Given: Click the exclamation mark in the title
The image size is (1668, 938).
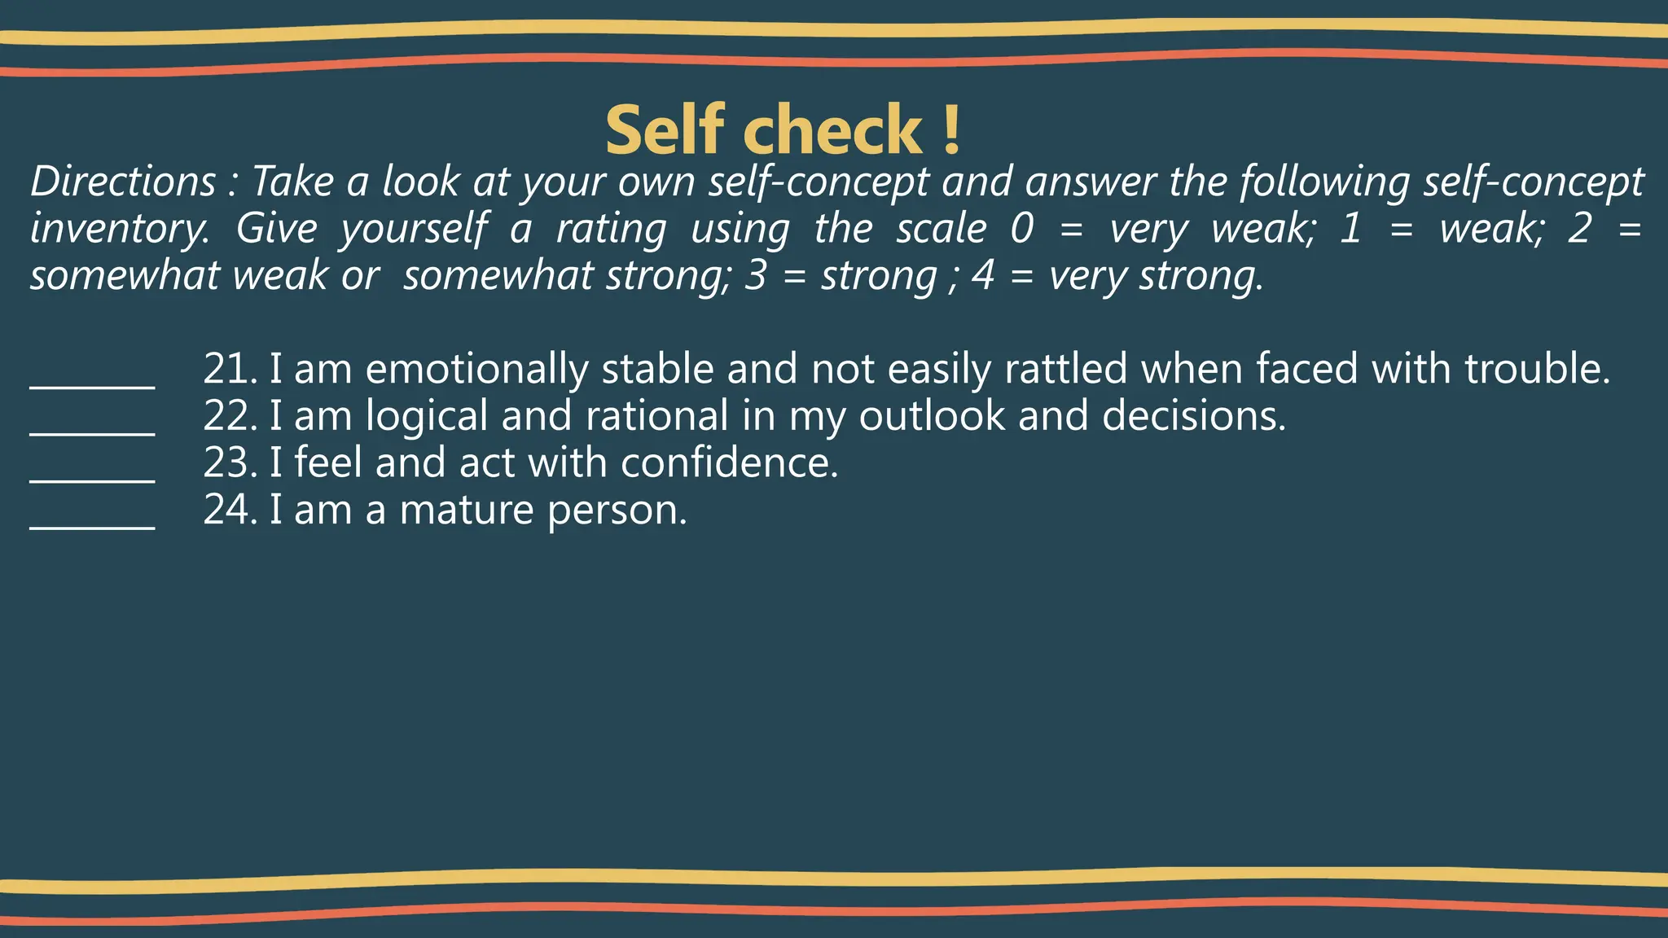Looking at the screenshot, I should coord(951,130).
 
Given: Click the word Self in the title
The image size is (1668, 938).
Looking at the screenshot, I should coord(665,130).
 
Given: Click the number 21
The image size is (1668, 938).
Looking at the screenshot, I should coord(229,369).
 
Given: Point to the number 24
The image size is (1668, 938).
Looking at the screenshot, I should coord(229,510).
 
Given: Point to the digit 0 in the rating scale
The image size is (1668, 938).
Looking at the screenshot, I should coord(1021,229).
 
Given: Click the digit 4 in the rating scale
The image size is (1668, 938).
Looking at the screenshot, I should coord(983,276).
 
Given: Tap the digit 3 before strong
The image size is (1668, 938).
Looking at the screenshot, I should coord(755,276).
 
